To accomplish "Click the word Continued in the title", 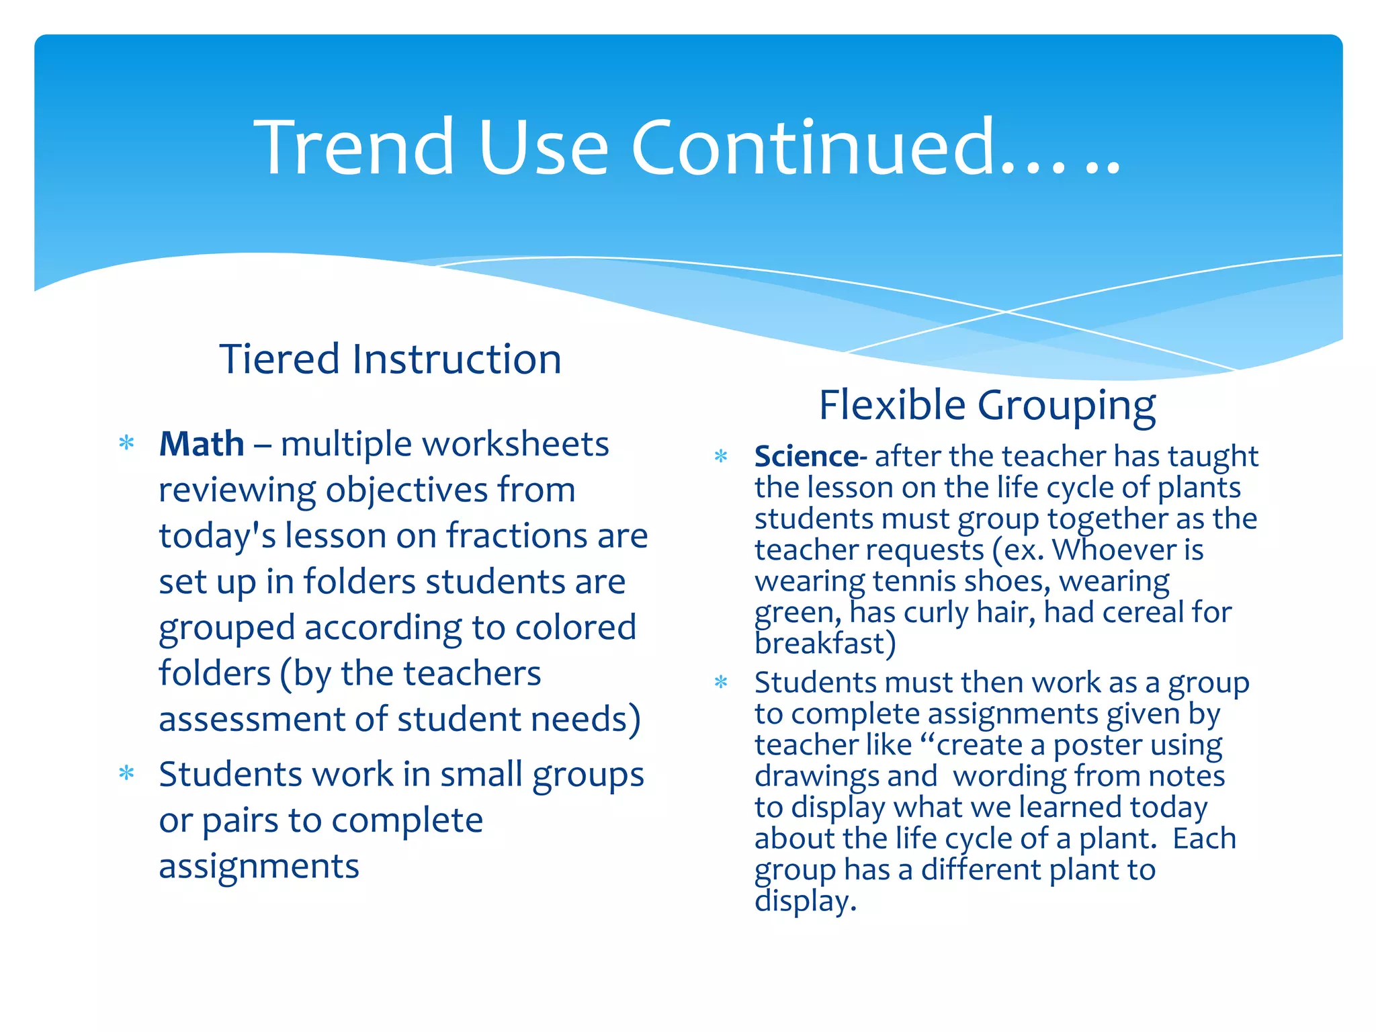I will [x=813, y=147].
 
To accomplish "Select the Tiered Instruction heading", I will [x=390, y=359].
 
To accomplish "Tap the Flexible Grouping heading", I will [x=987, y=406].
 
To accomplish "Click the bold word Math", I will [x=202, y=444].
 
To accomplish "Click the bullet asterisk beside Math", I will [x=126, y=443].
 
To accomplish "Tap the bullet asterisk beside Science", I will [x=721, y=457].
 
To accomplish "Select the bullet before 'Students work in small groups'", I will [x=126, y=773].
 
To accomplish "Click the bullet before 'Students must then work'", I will [x=721, y=683].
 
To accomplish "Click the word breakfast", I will [x=821, y=644].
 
